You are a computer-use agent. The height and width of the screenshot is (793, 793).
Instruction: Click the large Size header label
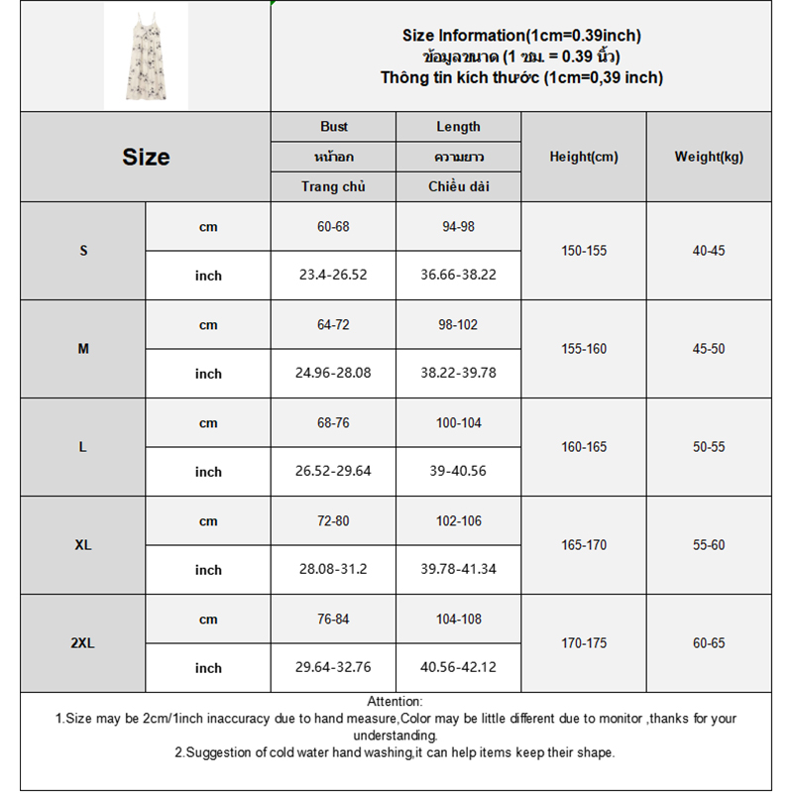click(146, 157)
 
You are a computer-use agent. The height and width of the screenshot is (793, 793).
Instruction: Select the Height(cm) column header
click(584, 157)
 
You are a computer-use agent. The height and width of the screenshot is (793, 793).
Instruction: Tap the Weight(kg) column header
click(709, 157)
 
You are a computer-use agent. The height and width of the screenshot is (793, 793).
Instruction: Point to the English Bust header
click(334, 127)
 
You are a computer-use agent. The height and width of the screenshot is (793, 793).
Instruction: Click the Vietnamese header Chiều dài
click(459, 186)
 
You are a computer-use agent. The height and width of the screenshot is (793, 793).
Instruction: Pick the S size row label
click(83, 251)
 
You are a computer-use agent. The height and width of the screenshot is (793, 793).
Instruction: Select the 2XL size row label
click(83, 643)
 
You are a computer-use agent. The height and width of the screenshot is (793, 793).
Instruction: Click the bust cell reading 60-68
click(334, 227)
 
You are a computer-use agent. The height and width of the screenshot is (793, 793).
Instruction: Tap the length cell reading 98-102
click(459, 325)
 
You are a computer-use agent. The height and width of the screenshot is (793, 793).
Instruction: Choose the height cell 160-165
click(584, 447)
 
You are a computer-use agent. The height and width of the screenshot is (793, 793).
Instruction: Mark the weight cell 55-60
click(709, 545)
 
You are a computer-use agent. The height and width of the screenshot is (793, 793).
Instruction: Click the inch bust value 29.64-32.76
click(334, 668)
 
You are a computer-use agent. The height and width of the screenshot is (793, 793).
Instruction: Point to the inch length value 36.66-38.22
click(459, 276)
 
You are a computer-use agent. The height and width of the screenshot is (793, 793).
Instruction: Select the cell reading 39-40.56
click(459, 472)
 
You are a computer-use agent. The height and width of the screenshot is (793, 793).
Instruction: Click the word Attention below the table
click(395, 702)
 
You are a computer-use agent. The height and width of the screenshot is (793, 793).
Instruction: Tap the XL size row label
click(83, 545)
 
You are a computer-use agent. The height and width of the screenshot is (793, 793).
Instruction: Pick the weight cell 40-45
click(709, 251)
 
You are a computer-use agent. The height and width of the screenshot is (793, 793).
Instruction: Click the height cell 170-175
click(584, 643)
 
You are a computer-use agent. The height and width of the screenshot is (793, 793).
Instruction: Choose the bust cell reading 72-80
click(334, 521)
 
